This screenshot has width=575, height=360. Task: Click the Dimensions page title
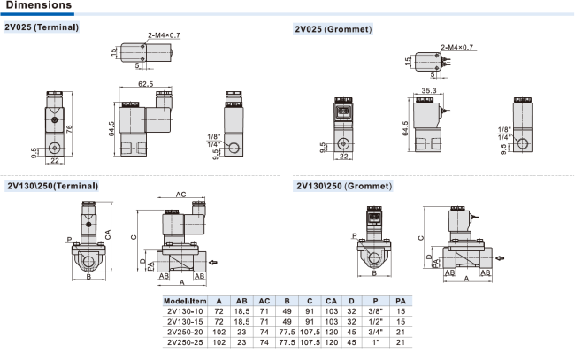[39, 5]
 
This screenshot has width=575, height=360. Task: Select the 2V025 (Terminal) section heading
[42, 27]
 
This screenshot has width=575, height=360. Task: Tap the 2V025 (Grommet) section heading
[333, 29]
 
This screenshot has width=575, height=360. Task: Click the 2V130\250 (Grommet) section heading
[344, 186]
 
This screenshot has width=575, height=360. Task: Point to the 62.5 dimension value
[145, 84]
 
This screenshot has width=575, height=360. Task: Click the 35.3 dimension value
[429, 90]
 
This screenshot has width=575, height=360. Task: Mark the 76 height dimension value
[69, 129]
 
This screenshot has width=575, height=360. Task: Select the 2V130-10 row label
[185, 311]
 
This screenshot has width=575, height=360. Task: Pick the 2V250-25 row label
[185, 342]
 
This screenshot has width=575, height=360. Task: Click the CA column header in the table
[331, 301]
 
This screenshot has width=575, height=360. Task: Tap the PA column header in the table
[401, 301]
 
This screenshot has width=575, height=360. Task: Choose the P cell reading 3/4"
[375, 333]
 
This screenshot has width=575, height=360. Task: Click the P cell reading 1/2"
[375, 322]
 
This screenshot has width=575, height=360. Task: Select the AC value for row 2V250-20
[264, 333]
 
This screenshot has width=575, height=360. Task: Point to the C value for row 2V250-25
[310, 342]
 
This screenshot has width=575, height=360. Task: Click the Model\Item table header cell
[185, 301]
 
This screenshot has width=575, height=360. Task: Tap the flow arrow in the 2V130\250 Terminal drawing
[213, 262]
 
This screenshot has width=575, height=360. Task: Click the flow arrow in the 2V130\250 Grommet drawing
[500, 258]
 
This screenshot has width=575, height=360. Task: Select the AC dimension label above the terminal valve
[180, 195]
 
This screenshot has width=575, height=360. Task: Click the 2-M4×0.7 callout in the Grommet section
[457, 47]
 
